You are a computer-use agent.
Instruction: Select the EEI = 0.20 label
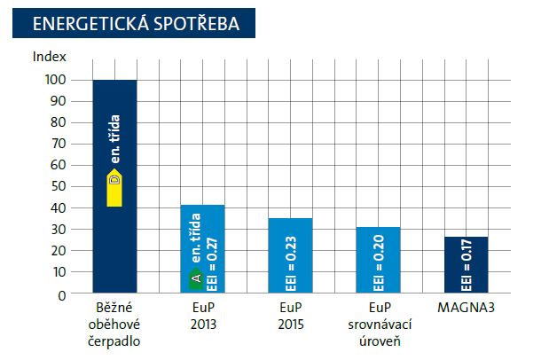(x=379, y=265)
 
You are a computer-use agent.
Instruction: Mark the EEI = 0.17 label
(x=467, y=268)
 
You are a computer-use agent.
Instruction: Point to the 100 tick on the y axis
(x=56, y=80)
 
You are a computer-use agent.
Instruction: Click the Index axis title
(x=49, y=56)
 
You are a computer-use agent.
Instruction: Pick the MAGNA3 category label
(x=466, y=308)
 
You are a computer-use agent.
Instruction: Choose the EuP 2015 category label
(x=290, y=316)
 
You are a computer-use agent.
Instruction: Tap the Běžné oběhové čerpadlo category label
(x=114, y=324)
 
